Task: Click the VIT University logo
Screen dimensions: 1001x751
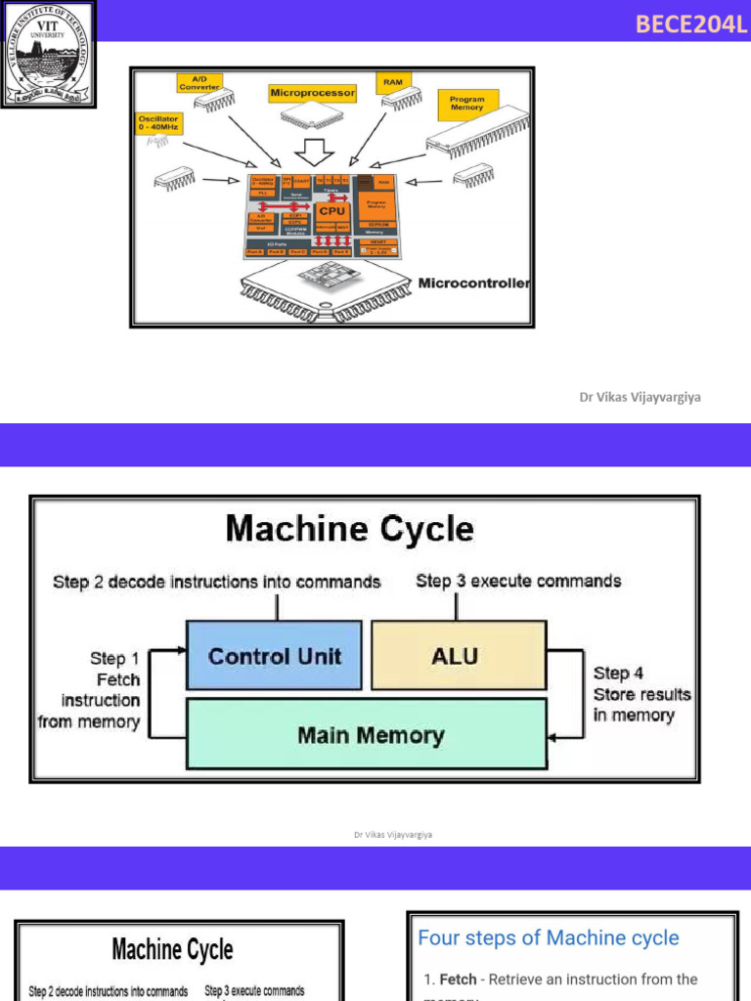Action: pos(48,54)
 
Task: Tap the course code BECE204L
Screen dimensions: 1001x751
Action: pos(690,24)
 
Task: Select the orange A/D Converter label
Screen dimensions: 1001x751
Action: pos(199,82)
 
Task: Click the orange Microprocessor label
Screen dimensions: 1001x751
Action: pos(312,93)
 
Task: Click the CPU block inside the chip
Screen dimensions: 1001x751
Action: pos(331,211)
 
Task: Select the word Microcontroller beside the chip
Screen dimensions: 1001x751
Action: pos(473,283)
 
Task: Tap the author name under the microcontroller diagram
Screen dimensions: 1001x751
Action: pos(640,398)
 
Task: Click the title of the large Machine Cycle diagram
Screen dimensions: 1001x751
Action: pos(349,529)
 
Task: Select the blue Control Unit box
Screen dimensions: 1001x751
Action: pos(274,656)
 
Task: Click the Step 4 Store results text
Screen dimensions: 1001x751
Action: pos(641,694)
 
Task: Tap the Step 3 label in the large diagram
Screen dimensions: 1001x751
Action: pos(517,581)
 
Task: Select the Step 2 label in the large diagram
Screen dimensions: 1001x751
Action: pos(216,582)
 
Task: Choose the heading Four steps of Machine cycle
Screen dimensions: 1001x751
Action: pos(548,938)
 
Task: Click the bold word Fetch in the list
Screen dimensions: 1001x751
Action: pos(458,979)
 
